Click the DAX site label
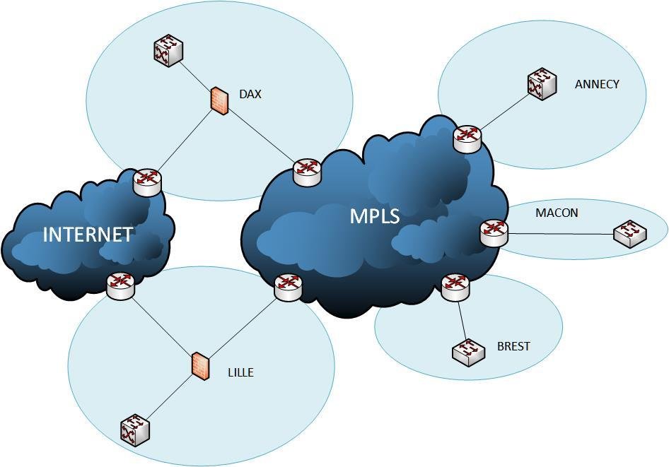coord(250,94)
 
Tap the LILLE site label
coord(240,372)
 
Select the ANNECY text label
coord(597,84)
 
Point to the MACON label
coord(557,213)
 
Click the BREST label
coord(513,347)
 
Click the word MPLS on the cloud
coord(375,216)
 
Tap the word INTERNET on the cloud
coord(88,235)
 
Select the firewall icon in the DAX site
coord(220,101)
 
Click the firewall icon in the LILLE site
coord(201,366)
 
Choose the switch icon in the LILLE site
coord(134,430)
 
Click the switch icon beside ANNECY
coord(542,84)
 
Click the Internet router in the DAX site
coord(147,182)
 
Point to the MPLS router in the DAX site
coord(307,172)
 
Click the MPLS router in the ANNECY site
coord(467,138)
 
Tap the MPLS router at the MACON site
coord(494,232)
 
